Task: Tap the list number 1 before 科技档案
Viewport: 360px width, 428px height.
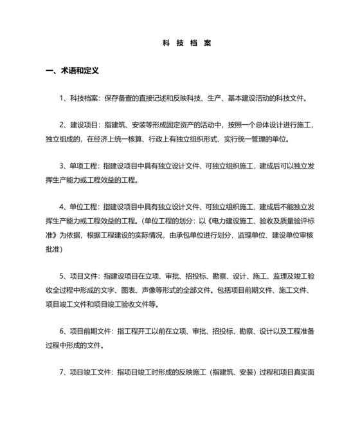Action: (x=61, y=98)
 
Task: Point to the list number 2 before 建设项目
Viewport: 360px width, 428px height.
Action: (x=61, y=125)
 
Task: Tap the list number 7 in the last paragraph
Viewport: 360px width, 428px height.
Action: (x=61, y=371)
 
